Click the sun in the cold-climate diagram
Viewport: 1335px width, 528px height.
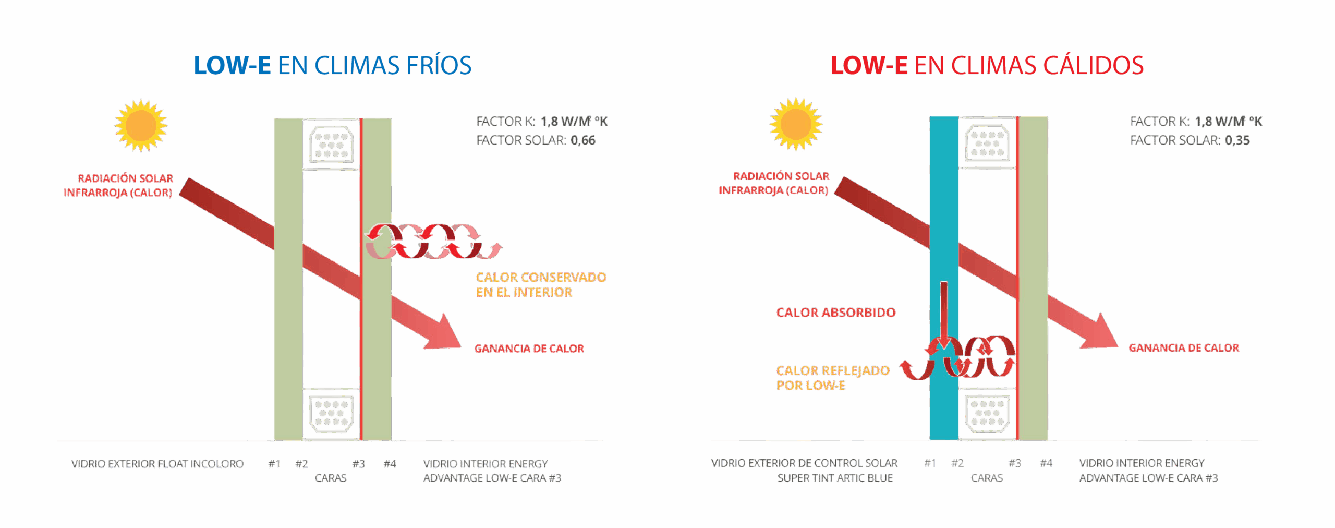[x=141, y=126]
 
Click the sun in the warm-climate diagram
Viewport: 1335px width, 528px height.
[x=796, y=124]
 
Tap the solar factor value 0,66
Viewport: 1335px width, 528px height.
[x=583, y=140]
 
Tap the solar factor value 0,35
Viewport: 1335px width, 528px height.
[x=1237, y=140]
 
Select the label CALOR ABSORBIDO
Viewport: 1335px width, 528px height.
[x=836, y=313]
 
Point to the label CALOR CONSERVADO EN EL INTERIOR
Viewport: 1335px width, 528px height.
[x=541, y=285]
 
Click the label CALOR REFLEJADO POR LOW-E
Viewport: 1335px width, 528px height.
[x=833, y=378]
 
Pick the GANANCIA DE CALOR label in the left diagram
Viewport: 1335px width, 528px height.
[x=529, y=349]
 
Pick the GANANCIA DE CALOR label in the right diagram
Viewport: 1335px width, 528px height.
[x=1184, y=348]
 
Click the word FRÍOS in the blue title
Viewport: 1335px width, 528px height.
[x=439, y=66]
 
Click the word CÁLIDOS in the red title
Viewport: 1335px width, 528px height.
[x=1093, y=66]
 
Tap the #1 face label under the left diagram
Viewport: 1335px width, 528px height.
[x=274, y=464]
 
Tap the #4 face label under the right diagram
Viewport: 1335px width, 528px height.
[x=1046, y=463]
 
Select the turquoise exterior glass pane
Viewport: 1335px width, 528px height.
[x=944, y=279]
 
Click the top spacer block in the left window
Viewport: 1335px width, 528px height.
[x=332, y=145]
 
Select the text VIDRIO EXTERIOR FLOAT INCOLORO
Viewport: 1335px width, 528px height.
[x=157, y=464]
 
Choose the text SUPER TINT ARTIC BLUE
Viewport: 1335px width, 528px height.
[x=835, y=478]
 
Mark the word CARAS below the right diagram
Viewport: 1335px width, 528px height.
[x=987, y=478]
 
